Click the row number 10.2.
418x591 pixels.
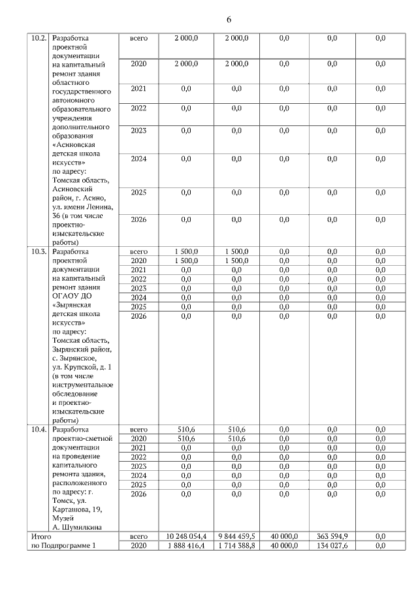[39, 39]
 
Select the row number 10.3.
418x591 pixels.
[39, 251]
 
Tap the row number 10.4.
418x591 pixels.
[39, 430]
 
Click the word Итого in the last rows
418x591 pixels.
[41, 536]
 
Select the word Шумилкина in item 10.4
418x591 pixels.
[79, 527]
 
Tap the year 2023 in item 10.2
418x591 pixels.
[138, 131]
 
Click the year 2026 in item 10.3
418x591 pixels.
[138, 316]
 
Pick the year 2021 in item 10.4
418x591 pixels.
[138, 448]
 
